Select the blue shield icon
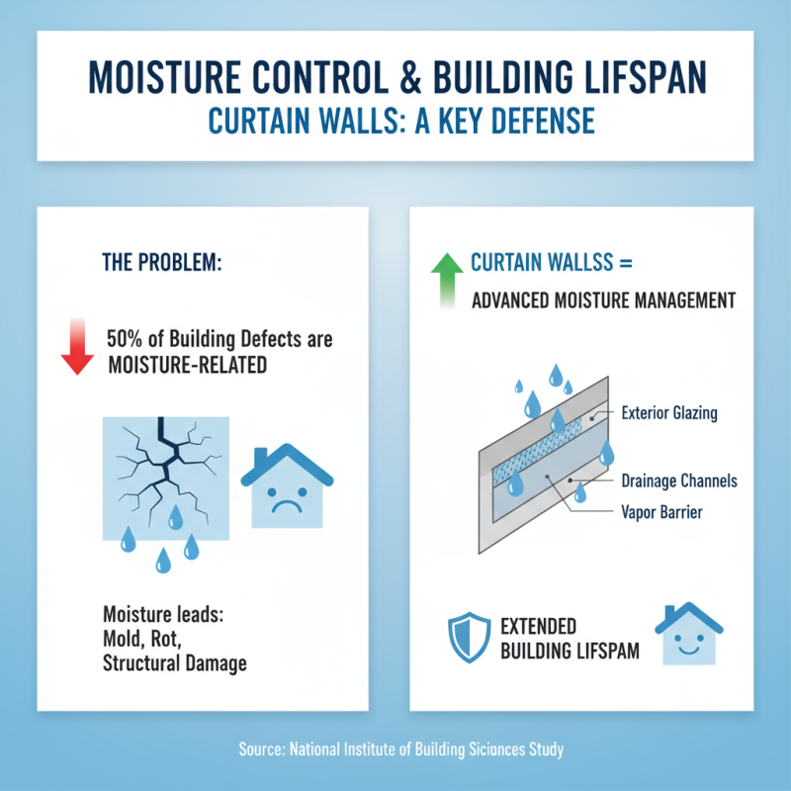467,638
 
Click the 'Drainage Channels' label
679,482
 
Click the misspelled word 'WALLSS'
577,264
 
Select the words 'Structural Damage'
174,662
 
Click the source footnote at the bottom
401,749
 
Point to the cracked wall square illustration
166,478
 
